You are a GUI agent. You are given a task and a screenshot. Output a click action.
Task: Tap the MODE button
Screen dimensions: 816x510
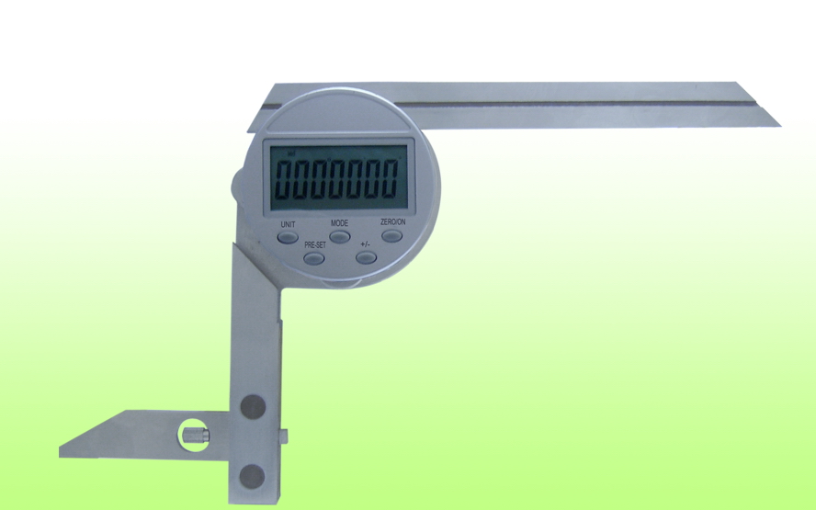340,237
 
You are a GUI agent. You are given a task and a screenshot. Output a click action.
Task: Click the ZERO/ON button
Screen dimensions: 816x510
391,236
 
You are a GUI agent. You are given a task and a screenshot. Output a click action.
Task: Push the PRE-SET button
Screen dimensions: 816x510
313,258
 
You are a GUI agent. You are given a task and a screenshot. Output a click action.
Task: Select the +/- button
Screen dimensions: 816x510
366,257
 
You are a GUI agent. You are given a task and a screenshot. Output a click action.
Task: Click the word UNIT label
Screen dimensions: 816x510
288,224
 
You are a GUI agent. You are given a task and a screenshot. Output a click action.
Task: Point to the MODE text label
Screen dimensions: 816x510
339,222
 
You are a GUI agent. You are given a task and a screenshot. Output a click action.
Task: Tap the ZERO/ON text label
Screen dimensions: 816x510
393,221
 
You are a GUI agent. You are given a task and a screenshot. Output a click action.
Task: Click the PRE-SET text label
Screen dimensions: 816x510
315,244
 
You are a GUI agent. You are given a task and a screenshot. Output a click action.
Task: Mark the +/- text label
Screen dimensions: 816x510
366,244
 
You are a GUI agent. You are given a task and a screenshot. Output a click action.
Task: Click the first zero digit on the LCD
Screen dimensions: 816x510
284,179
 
